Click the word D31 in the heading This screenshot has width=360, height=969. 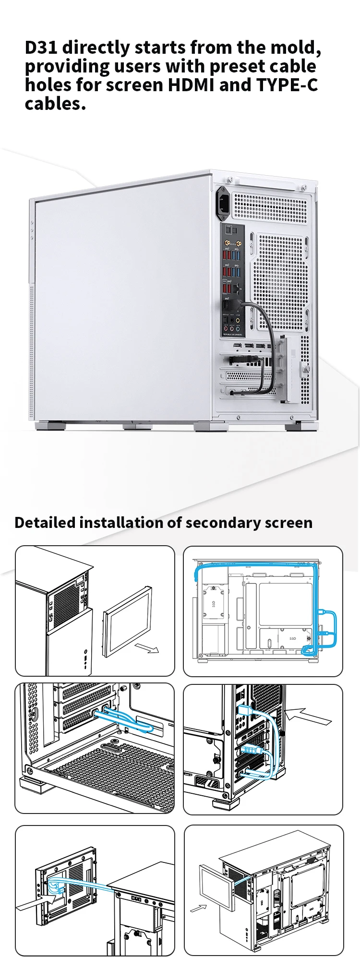tap(41, 48)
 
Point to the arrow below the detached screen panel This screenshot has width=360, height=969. tap(147, 648)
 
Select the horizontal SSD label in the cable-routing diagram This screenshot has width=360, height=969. tap(293, 639)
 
